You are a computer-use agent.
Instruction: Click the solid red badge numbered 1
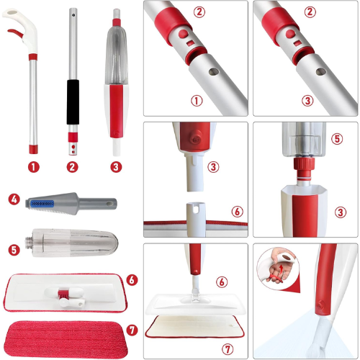[x=33, y=167]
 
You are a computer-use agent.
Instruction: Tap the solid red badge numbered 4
[x=14, y=199]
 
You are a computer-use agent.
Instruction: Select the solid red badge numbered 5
[x=14, y=250]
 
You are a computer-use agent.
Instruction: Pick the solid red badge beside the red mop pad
[x=132, y=330]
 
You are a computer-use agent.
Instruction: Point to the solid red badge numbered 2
[x=72, y=167]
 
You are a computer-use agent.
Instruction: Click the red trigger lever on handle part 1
[x=15, y=33]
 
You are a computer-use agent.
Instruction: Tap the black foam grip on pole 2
[x=73, y=102]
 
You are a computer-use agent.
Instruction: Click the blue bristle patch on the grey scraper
[x=42, y=204]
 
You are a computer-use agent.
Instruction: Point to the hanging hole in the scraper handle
[x=110, y=204]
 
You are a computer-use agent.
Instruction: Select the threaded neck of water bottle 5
[x=29, y=242]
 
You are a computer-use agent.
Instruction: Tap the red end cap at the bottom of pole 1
[x=34, y=149]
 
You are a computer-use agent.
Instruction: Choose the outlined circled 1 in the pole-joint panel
[x=197, y=101]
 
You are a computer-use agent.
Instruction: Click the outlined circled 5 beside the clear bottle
[x=337, y=139]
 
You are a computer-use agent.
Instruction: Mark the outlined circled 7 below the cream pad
[x=228, y=349]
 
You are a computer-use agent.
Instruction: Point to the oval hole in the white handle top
[x=14, y=12]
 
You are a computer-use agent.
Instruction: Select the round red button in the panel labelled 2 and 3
[x=290, y=34]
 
